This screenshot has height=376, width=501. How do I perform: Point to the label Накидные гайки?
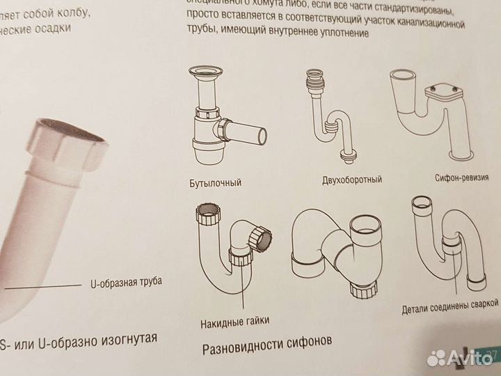point(234,320)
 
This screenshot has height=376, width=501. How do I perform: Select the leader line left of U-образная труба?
point(42,285)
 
